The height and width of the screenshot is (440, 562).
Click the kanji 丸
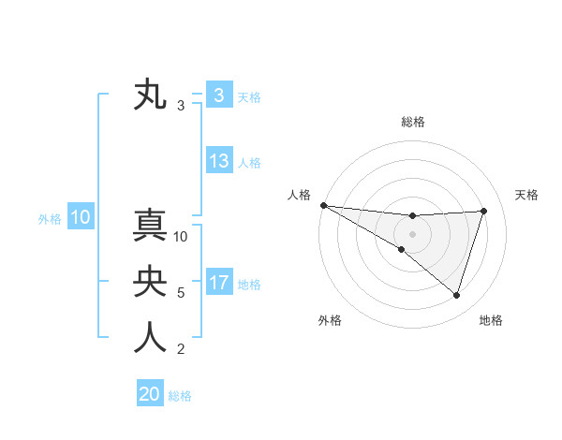[150, 95]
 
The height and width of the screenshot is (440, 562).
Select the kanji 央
[150, 282]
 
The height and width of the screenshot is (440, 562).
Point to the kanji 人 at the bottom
[150, 338]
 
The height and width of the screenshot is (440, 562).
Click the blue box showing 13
[219, 161]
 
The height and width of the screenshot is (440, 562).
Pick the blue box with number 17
[219, 283]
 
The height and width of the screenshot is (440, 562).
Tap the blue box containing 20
[150, 394]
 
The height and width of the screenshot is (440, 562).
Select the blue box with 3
[218, 95]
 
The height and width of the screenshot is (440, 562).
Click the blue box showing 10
[81, 218]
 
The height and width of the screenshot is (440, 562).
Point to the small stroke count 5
[181, 293]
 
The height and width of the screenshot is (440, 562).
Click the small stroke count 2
[181, 350]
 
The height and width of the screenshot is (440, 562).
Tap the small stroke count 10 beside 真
[182, 237]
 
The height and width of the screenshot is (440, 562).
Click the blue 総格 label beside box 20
[180, 396]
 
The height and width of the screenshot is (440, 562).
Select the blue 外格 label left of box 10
[50, 219]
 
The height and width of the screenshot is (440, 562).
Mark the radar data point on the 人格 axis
[323, 204]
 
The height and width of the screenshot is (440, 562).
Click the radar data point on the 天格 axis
[484, 211]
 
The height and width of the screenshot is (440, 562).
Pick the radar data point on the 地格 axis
[456, 295]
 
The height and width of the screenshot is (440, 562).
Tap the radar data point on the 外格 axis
[402, 249]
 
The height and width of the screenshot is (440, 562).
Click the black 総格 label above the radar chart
[413, 122]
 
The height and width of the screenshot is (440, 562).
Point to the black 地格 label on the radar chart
[491, 320]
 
